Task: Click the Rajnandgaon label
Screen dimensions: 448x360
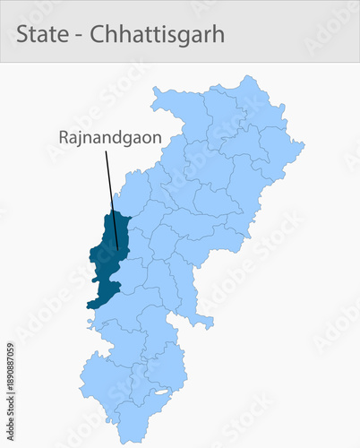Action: [104, 138]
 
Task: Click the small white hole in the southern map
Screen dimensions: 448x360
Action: [161, 392]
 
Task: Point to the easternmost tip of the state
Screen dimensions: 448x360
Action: [304, 142]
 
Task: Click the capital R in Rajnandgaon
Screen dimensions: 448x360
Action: [64, 138]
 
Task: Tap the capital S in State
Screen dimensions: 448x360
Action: [22, 34]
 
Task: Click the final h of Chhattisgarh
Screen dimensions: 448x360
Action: [219, 34]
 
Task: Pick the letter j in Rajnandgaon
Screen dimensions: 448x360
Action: [82, 140]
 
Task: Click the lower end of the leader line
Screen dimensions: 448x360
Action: [117, 248]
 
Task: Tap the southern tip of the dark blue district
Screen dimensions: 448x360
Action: [90, 307]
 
